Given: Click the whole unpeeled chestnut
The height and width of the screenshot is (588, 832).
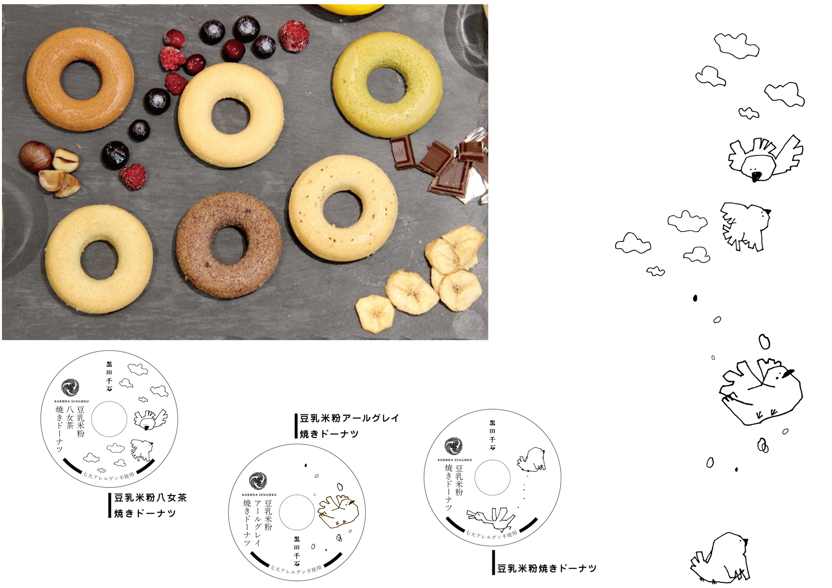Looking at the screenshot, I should coord(35,156).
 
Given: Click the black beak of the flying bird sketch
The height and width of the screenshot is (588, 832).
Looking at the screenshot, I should coord(756,176).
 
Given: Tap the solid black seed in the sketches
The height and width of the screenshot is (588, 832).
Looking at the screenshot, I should coord(695,298).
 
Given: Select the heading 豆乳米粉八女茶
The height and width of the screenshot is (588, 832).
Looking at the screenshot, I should coord(150,498).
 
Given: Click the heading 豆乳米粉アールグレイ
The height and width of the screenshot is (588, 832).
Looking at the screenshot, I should coord(349,418).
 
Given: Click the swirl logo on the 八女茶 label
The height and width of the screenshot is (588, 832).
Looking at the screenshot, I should coord(70,387).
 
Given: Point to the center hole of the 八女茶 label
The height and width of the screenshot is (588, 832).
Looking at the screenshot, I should coord(109,419).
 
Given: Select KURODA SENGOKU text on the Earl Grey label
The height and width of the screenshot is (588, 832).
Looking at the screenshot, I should coord(259,495).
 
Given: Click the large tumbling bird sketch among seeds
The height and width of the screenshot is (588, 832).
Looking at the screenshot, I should coord(759,391).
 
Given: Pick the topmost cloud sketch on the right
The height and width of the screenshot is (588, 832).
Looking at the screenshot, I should coord(736,46).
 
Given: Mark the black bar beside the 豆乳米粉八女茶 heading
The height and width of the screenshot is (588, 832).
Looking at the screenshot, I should coord(110,505).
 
